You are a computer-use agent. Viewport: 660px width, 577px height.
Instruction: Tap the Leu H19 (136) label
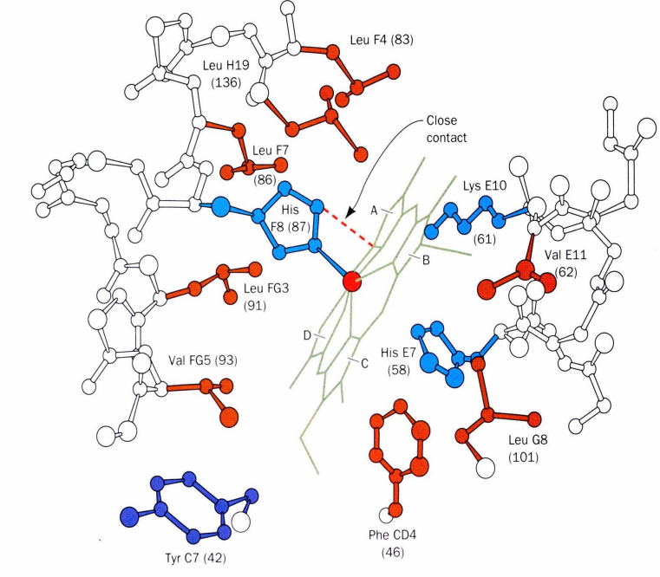pyautogui.click(x=220, y=75)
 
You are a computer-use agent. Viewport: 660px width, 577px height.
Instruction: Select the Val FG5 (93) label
pyautogui.click(x=202, y=359)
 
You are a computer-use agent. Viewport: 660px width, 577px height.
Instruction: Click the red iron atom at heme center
pyautogui.click(x=350, y=282)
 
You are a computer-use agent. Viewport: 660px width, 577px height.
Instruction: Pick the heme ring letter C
pyautogui.click(x=363, y=363)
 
